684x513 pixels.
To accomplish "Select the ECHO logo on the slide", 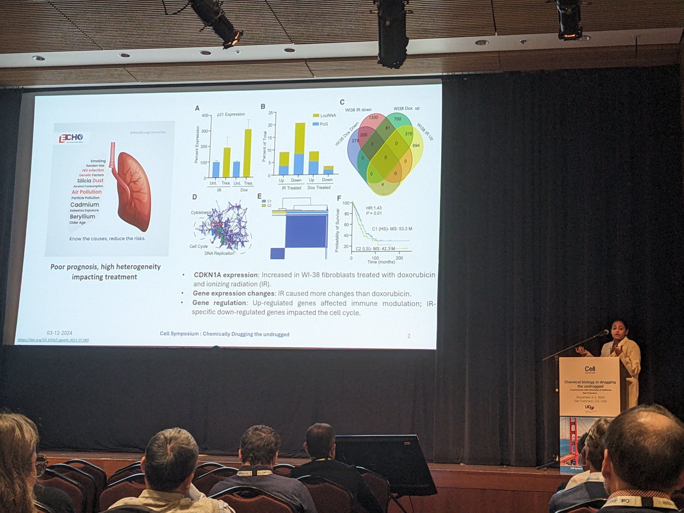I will [71, 139].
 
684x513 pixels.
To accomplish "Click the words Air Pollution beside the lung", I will [87, 193].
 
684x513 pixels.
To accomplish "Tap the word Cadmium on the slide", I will [84, 205].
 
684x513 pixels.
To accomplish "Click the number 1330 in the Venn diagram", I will [373, 117].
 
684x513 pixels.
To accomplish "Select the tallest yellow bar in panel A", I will [247, 153].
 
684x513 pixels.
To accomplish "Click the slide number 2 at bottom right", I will [409, 336].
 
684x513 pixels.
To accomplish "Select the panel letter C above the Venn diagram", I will [342, 103].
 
